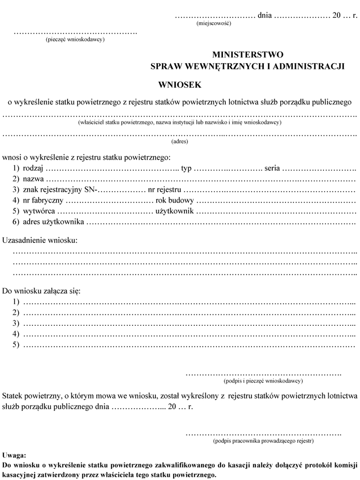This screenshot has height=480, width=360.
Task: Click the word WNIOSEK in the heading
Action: tap(180, 85)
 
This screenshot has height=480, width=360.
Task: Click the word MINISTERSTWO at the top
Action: tap(248, 55)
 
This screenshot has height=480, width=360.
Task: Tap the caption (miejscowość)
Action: tap(214, 23)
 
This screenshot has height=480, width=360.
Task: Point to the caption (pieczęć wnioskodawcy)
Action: tap(74, 39)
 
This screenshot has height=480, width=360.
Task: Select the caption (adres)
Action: tap(180, 141)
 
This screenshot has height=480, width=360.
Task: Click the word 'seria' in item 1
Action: tap(272, 168)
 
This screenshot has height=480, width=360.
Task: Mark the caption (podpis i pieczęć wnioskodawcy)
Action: tap(263, 380)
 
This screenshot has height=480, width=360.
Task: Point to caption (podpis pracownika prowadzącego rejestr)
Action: tap(263, 441)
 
